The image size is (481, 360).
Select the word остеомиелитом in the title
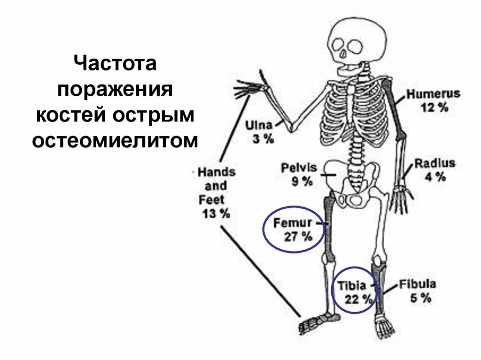pos(116,140)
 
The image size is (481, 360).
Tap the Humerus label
pos(433,94)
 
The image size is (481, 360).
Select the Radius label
pos(434,163)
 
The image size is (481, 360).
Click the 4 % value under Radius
pos(435,177)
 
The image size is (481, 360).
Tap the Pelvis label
pos(299,168)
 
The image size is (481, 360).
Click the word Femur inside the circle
pos(292,222)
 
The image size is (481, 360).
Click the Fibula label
pos(418,284)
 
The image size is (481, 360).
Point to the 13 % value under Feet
pos(216,214)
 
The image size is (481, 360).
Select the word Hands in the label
pos(216,172)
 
